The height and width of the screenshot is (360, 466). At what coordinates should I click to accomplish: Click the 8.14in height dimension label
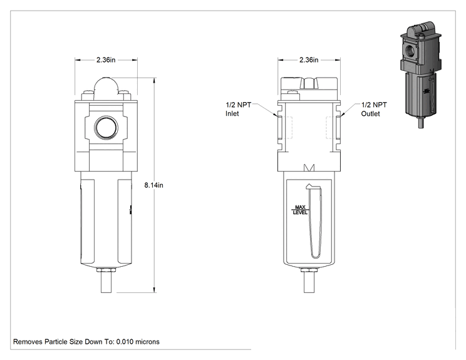[153, 185]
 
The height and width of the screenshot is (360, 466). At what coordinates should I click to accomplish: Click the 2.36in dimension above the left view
[106, 60]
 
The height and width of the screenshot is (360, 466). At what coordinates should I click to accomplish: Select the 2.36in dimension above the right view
[309, 60]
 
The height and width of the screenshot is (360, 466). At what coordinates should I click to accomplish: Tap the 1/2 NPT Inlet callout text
[239, 110]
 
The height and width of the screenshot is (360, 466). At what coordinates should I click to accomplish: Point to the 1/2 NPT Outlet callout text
[374, 110]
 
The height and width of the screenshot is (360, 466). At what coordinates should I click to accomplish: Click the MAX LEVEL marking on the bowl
[300, 210]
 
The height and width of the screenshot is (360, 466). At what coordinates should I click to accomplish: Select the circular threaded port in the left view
[106, 128]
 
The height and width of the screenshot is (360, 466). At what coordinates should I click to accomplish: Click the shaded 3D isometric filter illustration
[421, 75]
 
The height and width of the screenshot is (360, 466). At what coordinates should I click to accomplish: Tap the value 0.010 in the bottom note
[125, 342]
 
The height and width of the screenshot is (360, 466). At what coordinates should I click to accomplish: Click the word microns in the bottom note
[147, 342]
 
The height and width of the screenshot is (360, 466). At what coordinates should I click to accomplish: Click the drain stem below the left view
[106, 282]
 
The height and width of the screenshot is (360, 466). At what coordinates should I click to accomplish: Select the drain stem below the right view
[309, 282]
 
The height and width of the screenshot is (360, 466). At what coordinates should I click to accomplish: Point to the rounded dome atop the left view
[106, 86]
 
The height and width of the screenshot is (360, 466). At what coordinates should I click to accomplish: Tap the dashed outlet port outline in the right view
[331, 128]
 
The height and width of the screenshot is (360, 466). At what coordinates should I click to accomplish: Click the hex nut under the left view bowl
[106, 270]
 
